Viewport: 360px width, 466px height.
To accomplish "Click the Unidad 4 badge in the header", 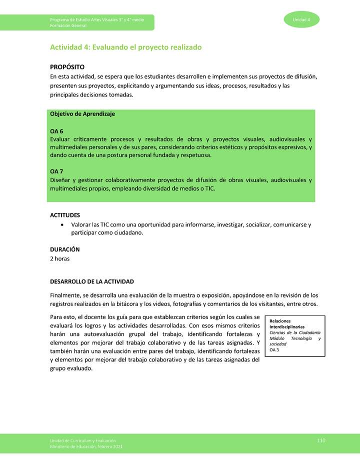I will pos(302,19).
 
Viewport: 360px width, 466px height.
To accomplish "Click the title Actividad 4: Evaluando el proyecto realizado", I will pos(125,47).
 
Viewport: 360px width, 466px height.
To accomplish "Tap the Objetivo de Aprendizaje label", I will pos(82,114).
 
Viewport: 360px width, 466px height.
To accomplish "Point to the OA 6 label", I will pos(56,131).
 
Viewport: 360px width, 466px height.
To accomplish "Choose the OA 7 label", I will pos(56,171).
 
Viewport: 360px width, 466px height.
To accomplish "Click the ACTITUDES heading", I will pos(65,215).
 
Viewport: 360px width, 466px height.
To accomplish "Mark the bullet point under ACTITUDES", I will pos(61,225).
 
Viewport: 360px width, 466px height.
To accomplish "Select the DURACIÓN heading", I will pos(65,249).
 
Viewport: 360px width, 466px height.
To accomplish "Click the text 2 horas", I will pos(59,258).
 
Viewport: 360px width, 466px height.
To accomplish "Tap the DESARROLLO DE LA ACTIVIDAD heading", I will pos(91,281).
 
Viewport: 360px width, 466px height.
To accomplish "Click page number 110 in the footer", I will pos(321,439).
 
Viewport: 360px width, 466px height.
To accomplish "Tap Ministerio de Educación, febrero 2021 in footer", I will pos(86,446).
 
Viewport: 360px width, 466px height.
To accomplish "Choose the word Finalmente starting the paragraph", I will pos(66,295).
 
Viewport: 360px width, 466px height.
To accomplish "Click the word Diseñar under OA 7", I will pos(60,180).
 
